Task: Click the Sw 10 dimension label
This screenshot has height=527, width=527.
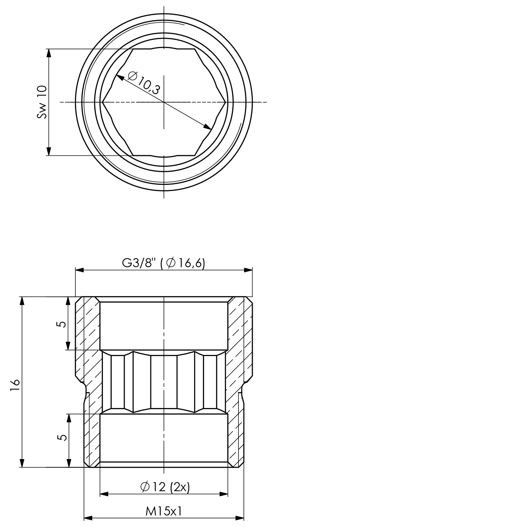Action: click(x=42, y=102)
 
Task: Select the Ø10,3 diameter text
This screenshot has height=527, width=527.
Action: click(x=143, y=83)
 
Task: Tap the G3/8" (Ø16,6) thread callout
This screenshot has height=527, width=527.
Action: click(x=163, y=263)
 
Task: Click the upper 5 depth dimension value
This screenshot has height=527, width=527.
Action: click(x=61, y=324)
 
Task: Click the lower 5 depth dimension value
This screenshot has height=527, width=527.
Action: click(x=62, y=437)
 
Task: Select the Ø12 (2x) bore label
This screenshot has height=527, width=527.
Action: click(x=165, y=487)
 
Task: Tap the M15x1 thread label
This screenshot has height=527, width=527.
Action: click(x=163, y=511)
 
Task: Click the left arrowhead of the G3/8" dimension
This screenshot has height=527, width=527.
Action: click(x=79, y=270)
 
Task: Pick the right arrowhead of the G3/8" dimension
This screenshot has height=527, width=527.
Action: click(x=248, y=270)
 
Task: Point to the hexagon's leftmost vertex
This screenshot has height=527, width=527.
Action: click(x=102, y=102)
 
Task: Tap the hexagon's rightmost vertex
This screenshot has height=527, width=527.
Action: click(x=226, y=102)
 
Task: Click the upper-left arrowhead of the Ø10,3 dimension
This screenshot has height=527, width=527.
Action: click(x=120, y=77)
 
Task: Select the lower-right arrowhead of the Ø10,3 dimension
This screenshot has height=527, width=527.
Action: click(x=208, y=127)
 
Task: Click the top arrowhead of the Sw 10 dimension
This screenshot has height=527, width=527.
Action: click(x=49, y=53)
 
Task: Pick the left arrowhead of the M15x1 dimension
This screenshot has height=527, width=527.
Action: click(x=88, y=518)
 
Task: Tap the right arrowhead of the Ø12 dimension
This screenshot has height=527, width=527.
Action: click(x=224, y=494)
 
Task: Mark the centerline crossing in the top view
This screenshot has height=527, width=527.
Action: click(x=164, y=102)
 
